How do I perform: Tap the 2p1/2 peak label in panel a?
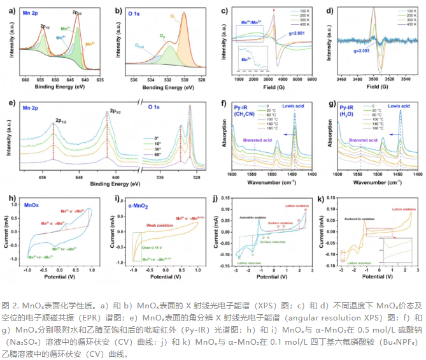45,27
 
